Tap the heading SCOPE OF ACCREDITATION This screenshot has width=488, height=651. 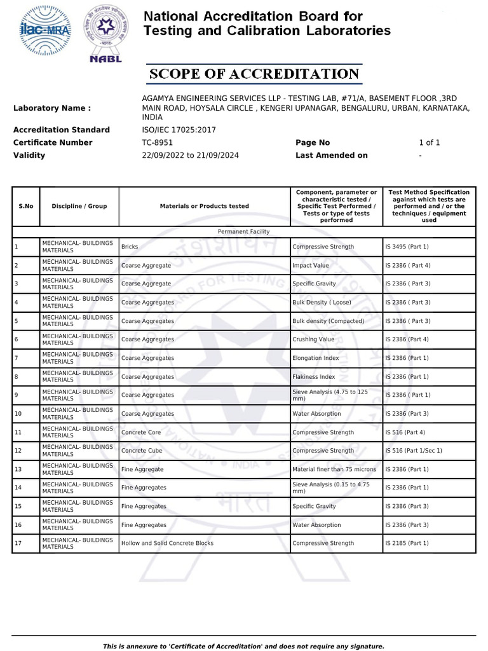point(254,74)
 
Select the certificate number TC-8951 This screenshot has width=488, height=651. point(157,142)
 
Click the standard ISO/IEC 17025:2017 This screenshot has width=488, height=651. point(179,130)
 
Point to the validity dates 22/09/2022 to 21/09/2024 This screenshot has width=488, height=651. point(190,155)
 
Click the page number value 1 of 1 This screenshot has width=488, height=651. point(429,142)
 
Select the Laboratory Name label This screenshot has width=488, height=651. point(52,108)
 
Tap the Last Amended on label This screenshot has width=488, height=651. point(332,155)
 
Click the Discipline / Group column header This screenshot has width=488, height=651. point(79,206)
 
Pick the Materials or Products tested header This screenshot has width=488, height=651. point(204,206)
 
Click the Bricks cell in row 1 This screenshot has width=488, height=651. point(130,247)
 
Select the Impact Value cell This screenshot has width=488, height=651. point(311,265)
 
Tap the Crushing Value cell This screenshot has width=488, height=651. point(313,339)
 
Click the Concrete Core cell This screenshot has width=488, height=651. point(141,432)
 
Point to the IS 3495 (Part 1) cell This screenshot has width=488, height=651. point(407,247)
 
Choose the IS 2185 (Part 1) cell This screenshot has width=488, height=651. point(407,544)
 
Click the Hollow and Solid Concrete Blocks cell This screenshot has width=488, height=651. point(167,544)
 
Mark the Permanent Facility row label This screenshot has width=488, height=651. point(243,232)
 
